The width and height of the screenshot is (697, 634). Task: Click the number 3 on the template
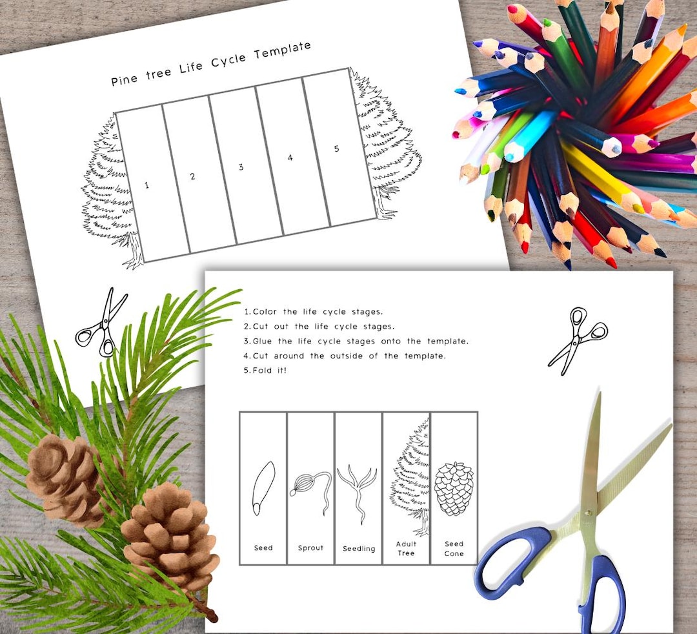pyautogui.click(x=241, y=167)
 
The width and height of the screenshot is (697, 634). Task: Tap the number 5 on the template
pyautogui.click(x=336, y=148)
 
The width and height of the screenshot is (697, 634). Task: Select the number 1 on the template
pyautogui.click(x=146, y=185)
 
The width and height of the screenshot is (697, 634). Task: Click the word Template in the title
pyautogui.click(x=283, y=51)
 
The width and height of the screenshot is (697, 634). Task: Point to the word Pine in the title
pyautogui.click(x=124, y=79)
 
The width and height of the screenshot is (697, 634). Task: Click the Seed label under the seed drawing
pyautogui.click(x=263, y=548)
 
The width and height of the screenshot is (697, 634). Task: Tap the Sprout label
pyautogui.click(x=310, y=548)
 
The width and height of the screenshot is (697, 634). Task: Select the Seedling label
pyautogui.click(x=359, y=549)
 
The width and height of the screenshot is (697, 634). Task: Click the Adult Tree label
pyautogui.click(x=406, y=549)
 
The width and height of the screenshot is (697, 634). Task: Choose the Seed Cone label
pyautogui.click(x=454, y=549)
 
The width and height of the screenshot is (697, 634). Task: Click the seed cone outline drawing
pyautogui.click(x=454, y=488)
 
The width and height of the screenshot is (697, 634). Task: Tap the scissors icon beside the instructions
pyautogui.click(x=578, y=340)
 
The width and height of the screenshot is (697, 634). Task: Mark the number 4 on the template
pyautogui.click(x=290, y=158)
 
